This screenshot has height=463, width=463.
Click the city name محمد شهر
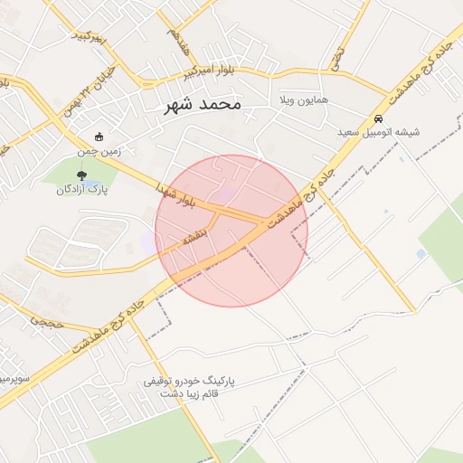[x=203, y=105]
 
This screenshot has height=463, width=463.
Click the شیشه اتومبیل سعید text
[x=379, y=132]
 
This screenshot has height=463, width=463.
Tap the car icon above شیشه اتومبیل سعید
[x=379, y=118]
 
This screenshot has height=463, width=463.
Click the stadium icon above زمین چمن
[x=99, y=137]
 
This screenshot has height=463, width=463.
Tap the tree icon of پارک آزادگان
[x=82, y=175]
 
